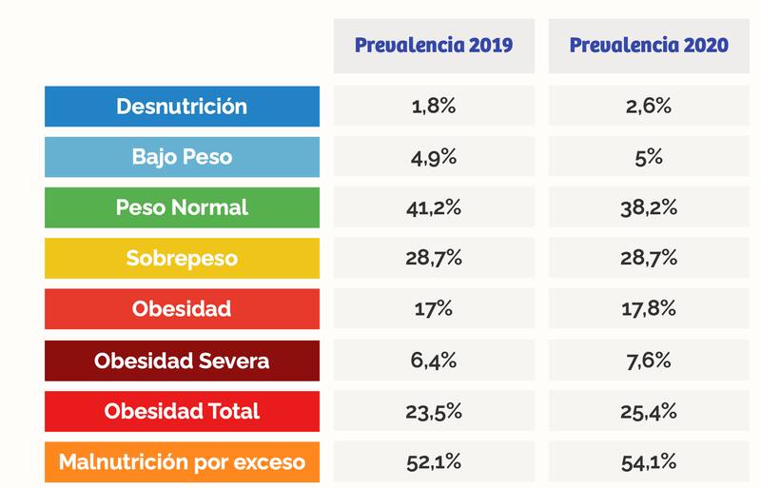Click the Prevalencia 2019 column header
(434, 46)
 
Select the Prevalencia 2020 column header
(649, 46)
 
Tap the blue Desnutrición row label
(182, 107)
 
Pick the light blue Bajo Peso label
(182, 157)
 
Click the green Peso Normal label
(182, 207)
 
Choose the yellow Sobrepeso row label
(182, 259)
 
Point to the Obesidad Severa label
(182, 362)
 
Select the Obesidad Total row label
(182, 412)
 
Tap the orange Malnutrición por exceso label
(182, 462)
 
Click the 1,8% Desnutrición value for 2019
(434, 107)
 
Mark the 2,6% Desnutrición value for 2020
(649, 107)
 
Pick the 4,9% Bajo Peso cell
(434, 157)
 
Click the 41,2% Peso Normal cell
(434, 207)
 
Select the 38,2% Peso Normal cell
(649, 207)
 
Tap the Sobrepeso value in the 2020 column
(649, 259)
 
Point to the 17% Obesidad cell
(434, 310)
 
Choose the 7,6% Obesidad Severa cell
(649, 362)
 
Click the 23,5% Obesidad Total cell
(434, 412)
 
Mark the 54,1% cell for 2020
(649, 462)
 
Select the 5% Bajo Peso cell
(649, 157)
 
